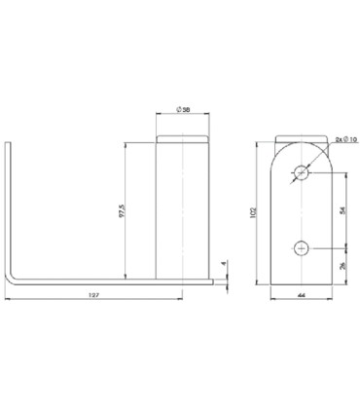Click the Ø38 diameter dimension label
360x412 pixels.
[x=183, y=110]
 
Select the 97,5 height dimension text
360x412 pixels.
[x=122, y=210]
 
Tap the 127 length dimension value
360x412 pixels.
[x=93, y=295]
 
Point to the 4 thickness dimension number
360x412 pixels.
[x=223, y=264]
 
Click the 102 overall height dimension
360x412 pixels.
[x=253, y=212]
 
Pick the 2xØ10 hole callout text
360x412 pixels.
[x=346, y=139]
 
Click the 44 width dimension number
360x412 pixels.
[x=302, y=295]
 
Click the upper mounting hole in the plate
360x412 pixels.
[x=302, y=172]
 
